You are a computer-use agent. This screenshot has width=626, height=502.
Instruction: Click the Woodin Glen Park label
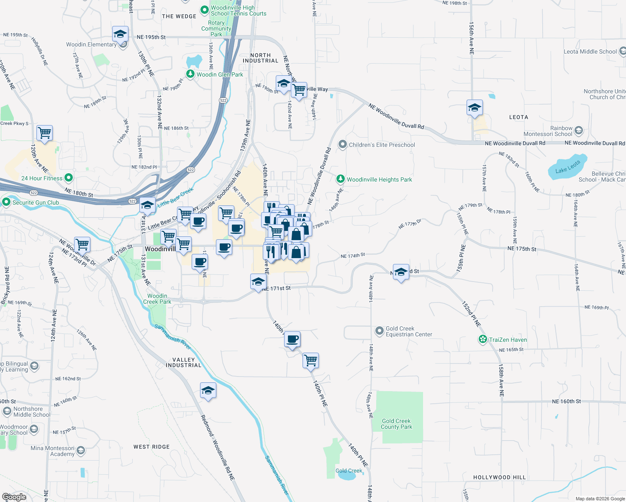(220, 74)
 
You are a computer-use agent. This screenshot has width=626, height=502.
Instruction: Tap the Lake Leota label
(567, 167)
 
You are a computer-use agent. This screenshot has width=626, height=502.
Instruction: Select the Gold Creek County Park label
(396, 424)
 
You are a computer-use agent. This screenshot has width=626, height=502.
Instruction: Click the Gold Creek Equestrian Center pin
(379, 331)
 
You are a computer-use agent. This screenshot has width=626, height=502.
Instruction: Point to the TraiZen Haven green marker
(482, 340)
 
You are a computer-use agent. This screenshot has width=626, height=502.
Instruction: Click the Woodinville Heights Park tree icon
(341, 179)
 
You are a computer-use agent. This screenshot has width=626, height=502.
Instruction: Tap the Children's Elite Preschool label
(382, 145)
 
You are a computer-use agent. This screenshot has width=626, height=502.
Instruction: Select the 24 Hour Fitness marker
(69, 178)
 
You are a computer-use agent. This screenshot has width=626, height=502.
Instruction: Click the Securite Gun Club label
(36, 202)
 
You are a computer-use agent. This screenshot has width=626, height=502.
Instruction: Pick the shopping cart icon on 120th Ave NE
(44, 133)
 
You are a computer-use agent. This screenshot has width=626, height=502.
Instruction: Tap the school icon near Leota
(475, 108)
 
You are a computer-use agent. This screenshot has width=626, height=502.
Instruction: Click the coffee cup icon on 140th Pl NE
(292, 339)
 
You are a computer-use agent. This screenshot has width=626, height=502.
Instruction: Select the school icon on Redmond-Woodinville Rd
(208, 391)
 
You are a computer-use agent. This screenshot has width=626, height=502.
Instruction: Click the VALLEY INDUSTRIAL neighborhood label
(183, 362)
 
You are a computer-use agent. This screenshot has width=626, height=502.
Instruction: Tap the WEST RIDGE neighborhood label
(151, 447)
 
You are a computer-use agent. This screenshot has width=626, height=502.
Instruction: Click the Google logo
(14, 497)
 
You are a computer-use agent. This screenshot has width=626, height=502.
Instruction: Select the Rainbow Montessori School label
(548, 131)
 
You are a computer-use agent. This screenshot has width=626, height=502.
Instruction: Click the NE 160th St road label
(566, 401)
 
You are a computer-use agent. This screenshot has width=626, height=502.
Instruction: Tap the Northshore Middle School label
(32, 412)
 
